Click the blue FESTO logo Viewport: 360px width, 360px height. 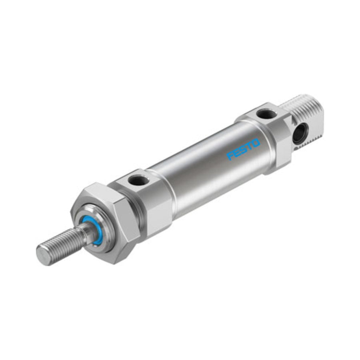[243, 149]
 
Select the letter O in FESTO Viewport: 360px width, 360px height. [256, 143]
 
